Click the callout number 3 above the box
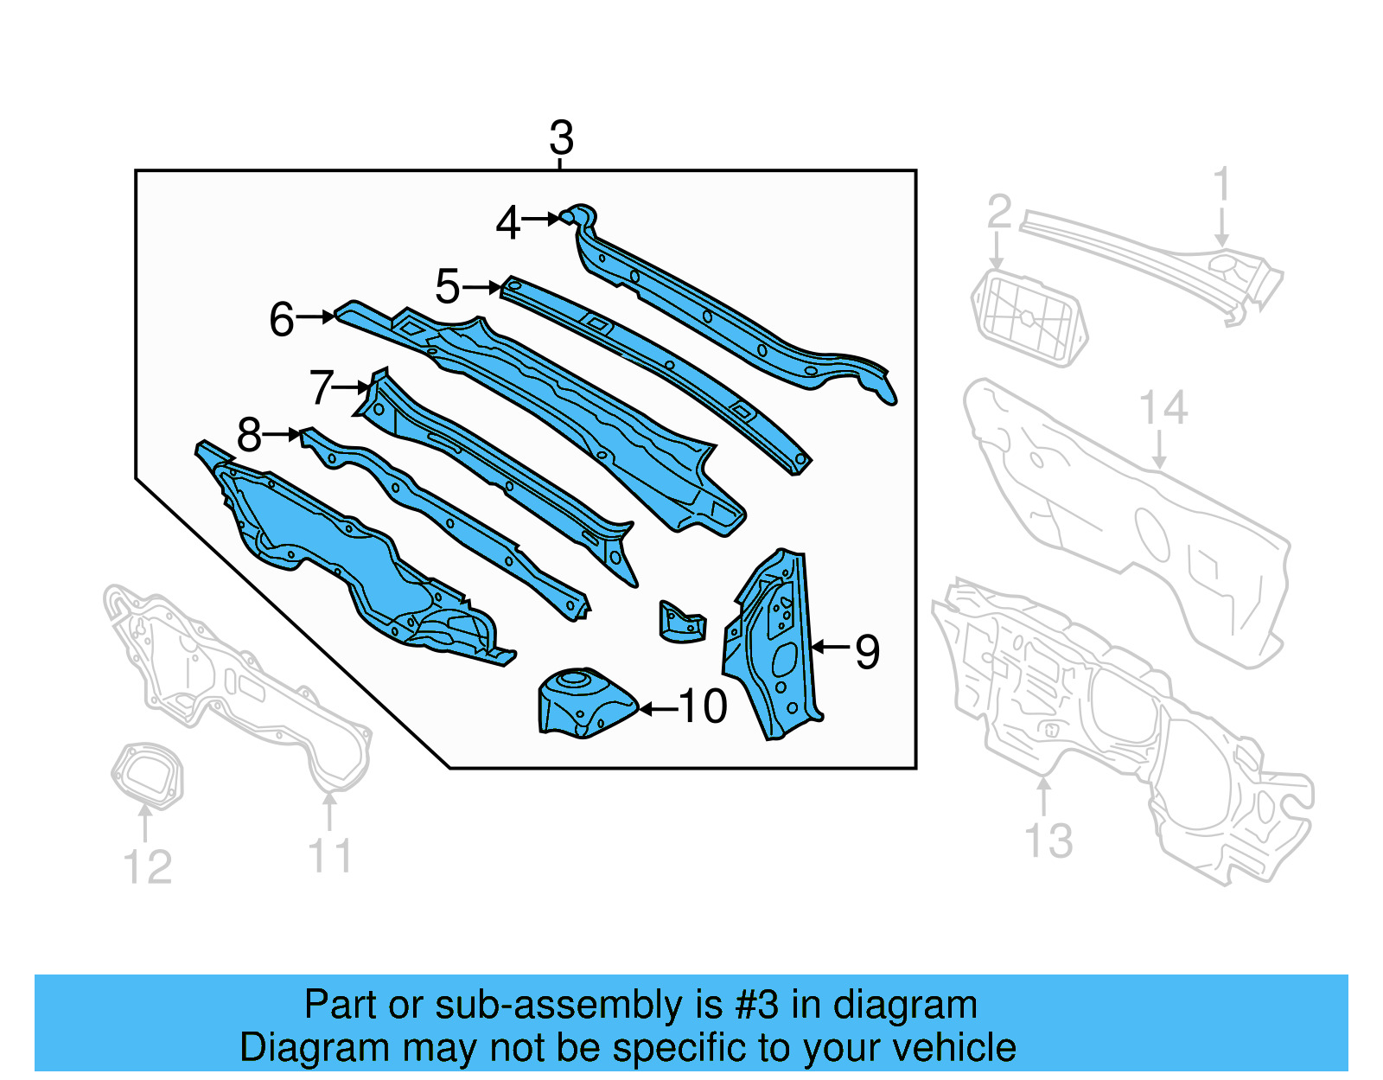pos(561,138)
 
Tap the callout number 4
pos(507,223)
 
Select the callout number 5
pos(447,287)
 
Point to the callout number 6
pos(282,319)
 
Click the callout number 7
pos(322,387)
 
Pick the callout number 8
pos(249,435)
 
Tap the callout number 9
pos(867,651)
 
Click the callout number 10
pos(703,706)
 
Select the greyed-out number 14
pos(1163,407)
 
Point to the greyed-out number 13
pos(1048,840)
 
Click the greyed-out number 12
pos(148,867)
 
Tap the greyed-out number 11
pos(330,856)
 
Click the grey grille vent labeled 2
pos(1029,318)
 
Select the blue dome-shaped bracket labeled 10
pos(584,702)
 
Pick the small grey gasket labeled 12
pos(148,775)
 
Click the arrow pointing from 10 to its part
pos(658,709)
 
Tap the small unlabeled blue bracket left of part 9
pos(682,623)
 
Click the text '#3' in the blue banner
pos(756,1005)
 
